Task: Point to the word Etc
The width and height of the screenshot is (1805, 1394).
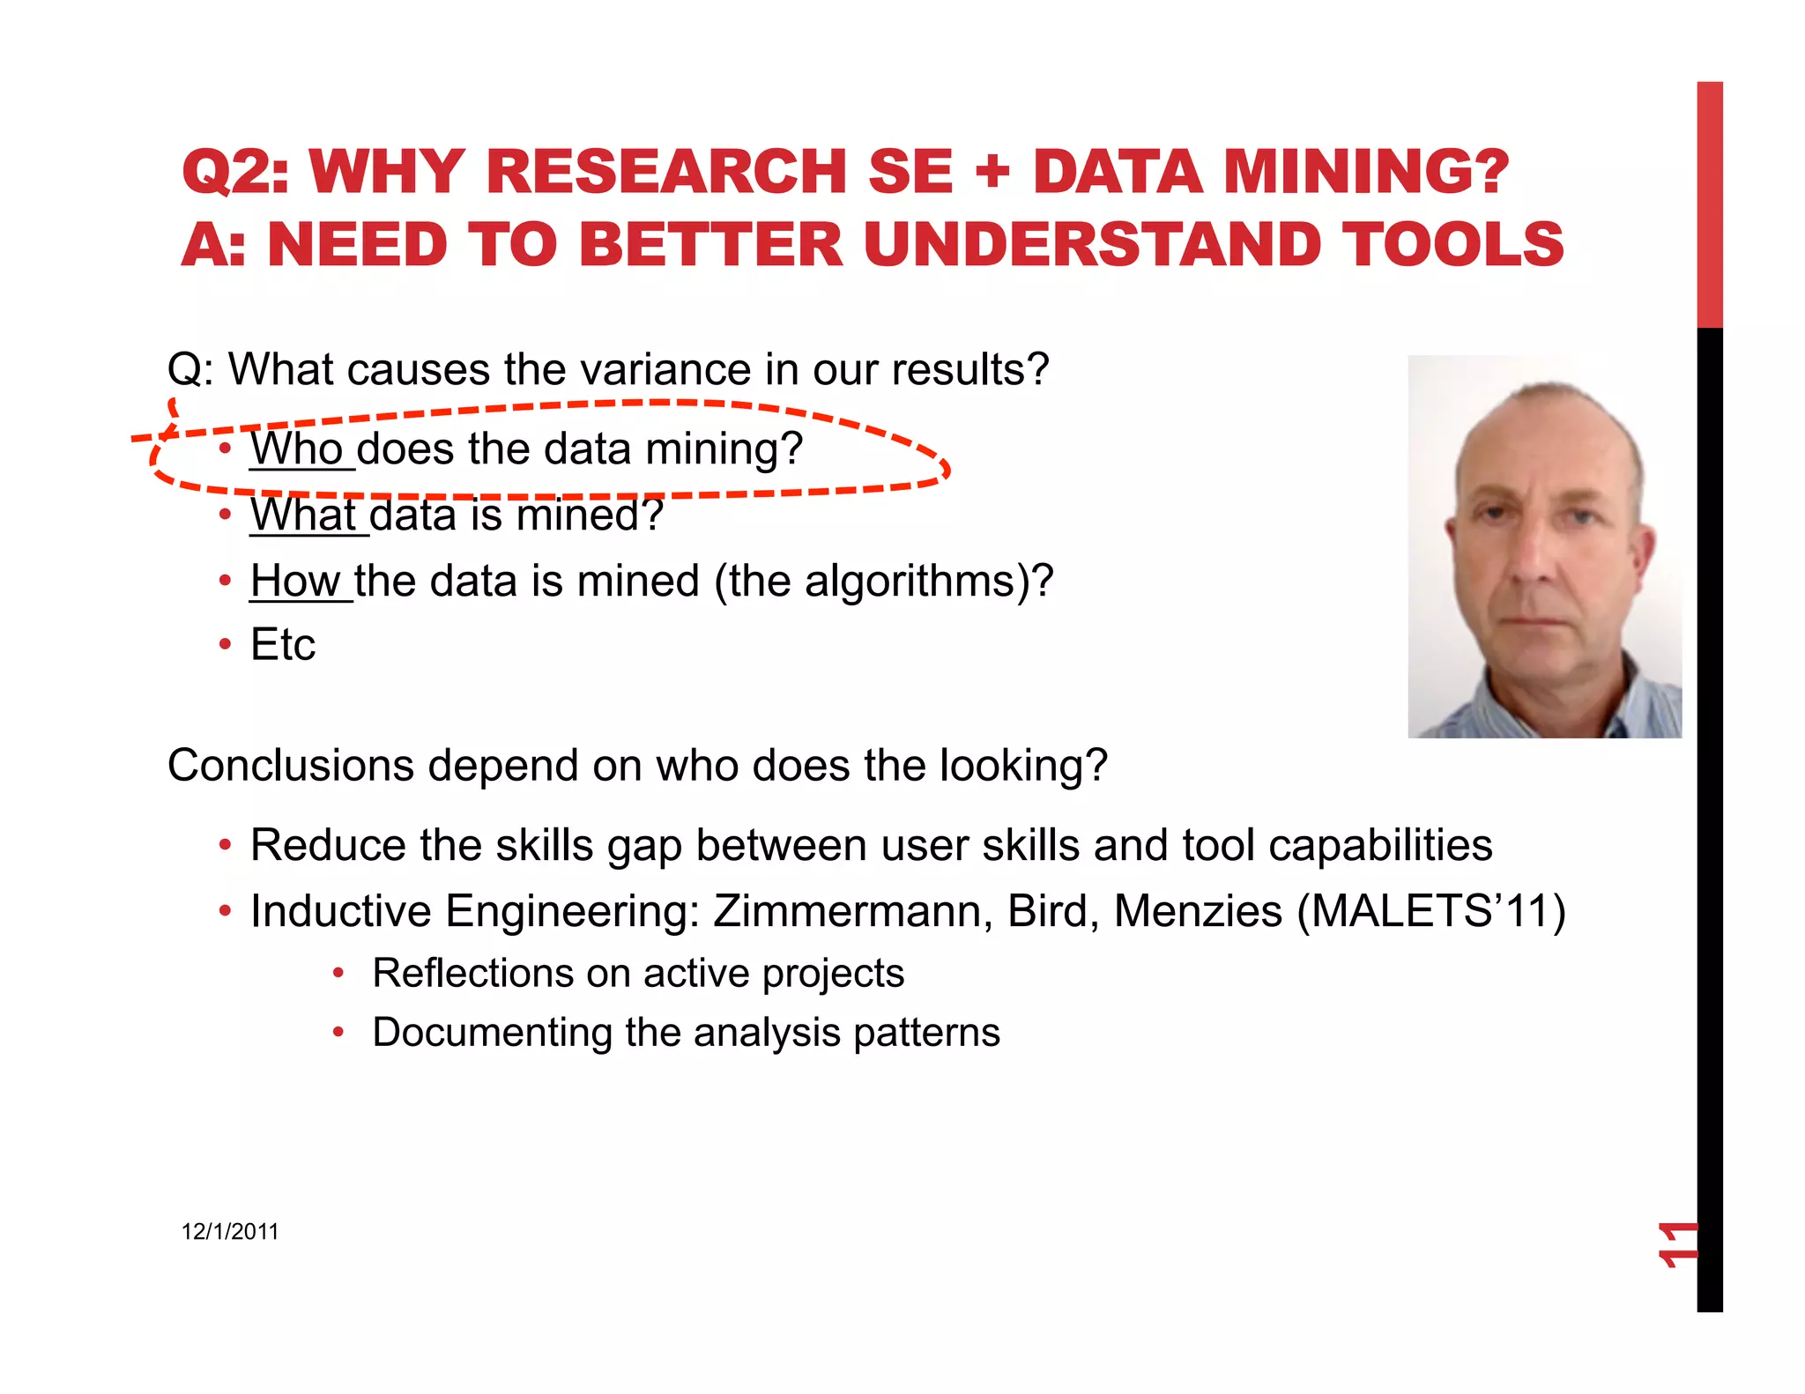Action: [282, 645]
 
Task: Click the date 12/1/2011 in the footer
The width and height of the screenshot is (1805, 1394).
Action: [230, 1232]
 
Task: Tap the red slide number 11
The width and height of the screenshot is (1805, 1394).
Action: [1676, 1244]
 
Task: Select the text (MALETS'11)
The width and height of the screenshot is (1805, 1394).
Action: [1430, 911]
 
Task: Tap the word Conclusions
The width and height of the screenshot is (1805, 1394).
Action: [290, 765]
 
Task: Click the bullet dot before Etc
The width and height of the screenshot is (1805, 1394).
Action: [226, 645]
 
